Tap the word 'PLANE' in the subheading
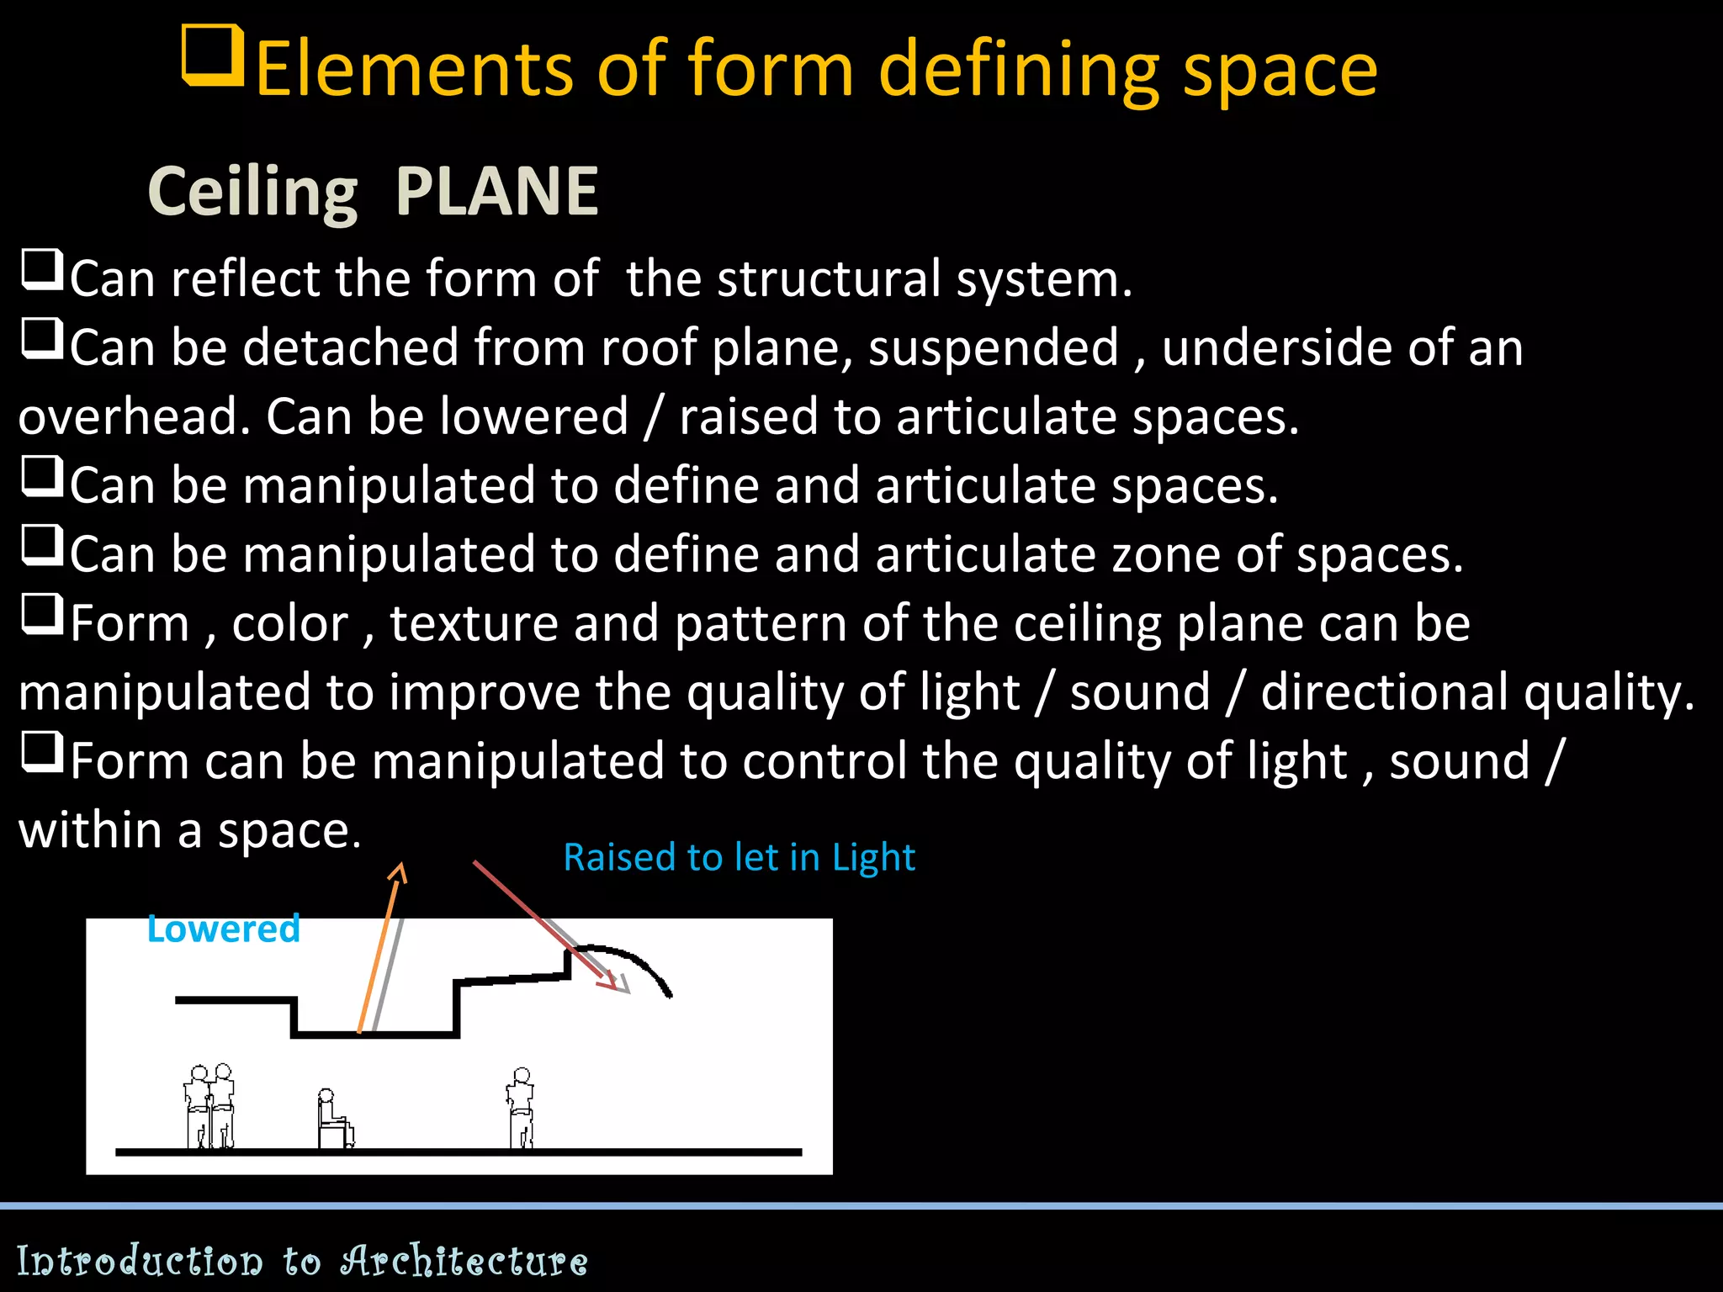click(496, 192)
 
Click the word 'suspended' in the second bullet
click(994, 347)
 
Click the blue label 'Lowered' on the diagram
click(223, 929)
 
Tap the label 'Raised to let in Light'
click(739, 857)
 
